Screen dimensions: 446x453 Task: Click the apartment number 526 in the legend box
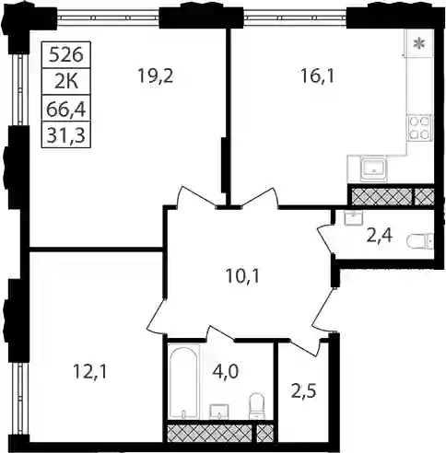click(x=66, y=55)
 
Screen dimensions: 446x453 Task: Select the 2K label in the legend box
click(x=66, y=82)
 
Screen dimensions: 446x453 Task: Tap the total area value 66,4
click(x=66, y=109)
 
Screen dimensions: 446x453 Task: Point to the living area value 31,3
click(x=66, y=135)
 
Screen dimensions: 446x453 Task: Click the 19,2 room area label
click(x=156, y=76)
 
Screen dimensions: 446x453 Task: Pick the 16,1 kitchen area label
click(x=317, y=76)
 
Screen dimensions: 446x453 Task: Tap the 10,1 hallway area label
click(x=242, y=276)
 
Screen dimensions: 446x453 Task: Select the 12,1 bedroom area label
click(x=89, y=372)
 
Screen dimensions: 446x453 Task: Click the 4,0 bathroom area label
click(x=225, y=372)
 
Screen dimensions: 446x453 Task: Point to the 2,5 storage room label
click(x=303, y=391)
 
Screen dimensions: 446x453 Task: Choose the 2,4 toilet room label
click(x=380, y=237)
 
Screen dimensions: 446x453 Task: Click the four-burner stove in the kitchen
click(x=419, y=128)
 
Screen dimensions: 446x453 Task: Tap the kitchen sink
click(x=373, y=169)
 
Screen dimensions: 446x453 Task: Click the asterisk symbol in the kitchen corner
click(x=417, y=44)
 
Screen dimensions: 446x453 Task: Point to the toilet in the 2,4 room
click(x=420, y=241)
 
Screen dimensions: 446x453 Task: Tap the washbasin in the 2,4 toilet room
click(x=354, y=218)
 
